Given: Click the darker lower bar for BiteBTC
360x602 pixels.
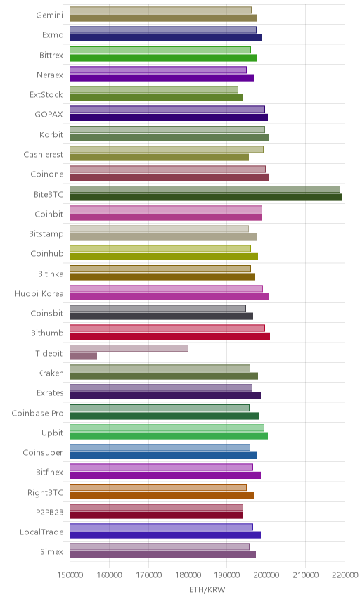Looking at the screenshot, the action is click(x=206, y=198).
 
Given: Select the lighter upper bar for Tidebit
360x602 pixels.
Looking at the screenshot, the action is click(x=129, y=348).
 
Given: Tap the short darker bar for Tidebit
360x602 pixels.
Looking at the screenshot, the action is click(x=83, y=357).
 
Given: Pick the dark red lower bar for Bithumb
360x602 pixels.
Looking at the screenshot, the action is click(x=169, y=336).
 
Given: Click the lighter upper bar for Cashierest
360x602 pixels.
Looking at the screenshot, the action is click(x=167, y=149).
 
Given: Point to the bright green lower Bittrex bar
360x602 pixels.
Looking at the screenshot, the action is click(x=163, y=58).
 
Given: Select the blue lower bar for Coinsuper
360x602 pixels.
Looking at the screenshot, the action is click(x=163, y=456).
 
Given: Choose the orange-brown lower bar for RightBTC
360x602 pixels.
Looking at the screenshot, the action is click(x=162, y=495).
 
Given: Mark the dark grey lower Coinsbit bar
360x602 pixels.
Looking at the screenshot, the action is click(x=161, y=316).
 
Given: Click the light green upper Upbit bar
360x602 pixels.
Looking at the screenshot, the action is click(x=167, y=428).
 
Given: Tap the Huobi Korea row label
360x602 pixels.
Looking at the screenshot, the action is click(x=39, y=294).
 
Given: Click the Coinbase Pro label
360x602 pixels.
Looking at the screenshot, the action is click(x=37, y=413).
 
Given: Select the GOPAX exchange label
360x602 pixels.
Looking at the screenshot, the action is click(x=49, y=115).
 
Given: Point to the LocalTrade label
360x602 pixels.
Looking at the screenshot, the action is click(x=41, y=532).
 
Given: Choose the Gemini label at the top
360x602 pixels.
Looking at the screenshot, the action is click(x=49, y=15).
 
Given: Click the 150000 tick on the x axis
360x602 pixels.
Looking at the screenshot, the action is click(x=70, y=575).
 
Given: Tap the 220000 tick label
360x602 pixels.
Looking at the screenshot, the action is click(x=345, y=575).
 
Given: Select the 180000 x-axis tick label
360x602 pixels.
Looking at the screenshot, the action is click(x=188, y=575).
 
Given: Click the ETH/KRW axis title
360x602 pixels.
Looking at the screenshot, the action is click(x=207, y=590).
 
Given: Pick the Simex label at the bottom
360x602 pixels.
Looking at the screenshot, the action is click(x=51, y=551).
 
